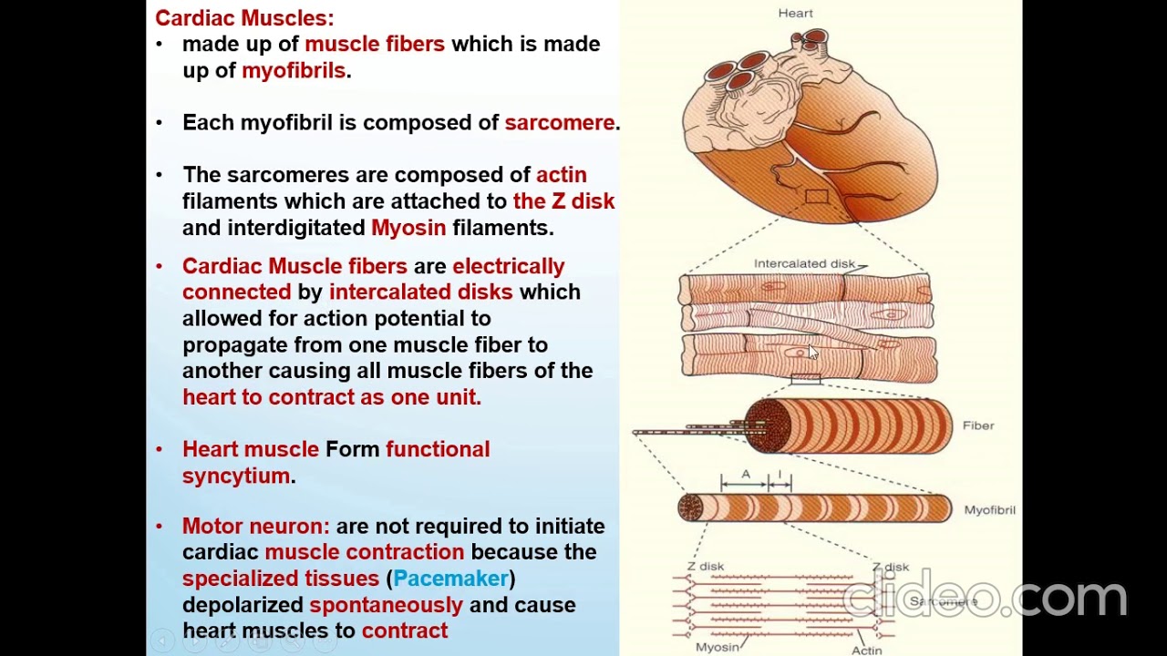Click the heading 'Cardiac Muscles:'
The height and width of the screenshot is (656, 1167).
(x=244, y=17)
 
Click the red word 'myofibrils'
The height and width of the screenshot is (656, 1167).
(x=294, y=70)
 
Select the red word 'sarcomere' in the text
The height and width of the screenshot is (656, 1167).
(x=560, y=122)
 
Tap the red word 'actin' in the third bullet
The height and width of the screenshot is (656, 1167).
(x=561, y=174)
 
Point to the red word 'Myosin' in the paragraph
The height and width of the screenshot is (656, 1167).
(x=408, y=227)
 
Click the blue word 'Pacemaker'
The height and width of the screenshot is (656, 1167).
(x=450, y=578)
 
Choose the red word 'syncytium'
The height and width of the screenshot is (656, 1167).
(x=236, y=475)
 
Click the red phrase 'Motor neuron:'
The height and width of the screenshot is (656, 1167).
(x=255, y=526)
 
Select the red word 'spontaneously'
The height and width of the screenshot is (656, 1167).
(x=386, y=604)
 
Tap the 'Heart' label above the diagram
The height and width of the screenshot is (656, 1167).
(x=795, y=13)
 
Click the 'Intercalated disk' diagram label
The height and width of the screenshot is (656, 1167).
(x=804, y=263)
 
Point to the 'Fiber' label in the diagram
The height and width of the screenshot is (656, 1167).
(x=977, y=425)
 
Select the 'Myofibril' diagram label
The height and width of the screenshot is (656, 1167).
(x=989, y=510)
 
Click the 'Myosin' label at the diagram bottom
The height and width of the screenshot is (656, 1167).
(x=718, y=647)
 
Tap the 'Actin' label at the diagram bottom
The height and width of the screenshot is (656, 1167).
(x=866, y=651)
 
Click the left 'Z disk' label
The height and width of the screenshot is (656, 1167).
(x=706, y=566)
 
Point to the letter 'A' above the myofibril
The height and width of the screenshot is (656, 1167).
(x=745, y=474)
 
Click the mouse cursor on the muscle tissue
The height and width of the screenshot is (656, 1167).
(x=812, y=354)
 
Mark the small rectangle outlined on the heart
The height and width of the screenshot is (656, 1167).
(x=817, y=196)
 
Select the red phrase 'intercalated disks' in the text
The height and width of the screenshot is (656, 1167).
(x=420, y=292)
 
